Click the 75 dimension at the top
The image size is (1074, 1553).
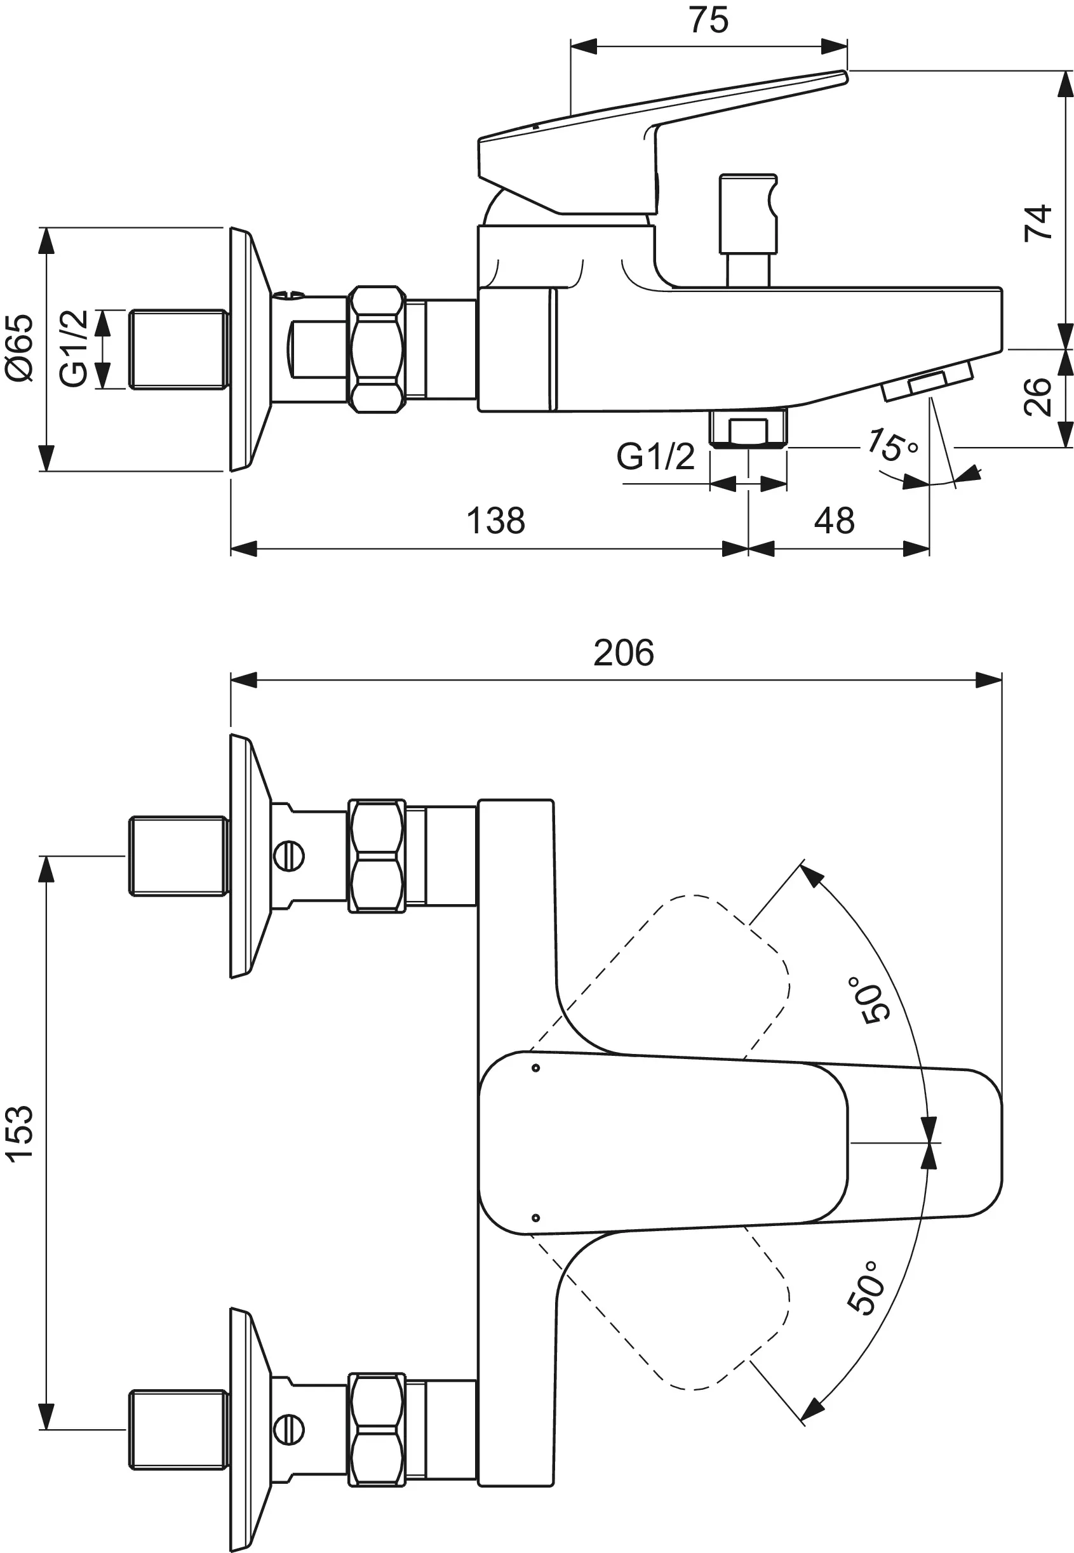coord(709,20)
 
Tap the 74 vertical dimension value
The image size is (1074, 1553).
coord(1038,223)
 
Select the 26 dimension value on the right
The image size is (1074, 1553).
coord(1038,396)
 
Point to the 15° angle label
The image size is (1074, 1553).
coord(891,444)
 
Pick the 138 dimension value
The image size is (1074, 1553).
coord(495,521)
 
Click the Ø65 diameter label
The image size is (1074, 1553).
coord(20,349)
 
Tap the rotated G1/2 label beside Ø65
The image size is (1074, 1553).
coord(74,349)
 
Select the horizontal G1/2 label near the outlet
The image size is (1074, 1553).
coord(655,457)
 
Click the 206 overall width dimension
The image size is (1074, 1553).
coord(623,653)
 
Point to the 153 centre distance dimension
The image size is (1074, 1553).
coord(20,1132)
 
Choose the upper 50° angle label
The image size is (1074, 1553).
coord(874,1001)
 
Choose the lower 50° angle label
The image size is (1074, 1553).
coord(864,1289)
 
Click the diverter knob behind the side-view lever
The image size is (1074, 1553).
coord(748,214)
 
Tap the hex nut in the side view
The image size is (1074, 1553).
coord(377,349)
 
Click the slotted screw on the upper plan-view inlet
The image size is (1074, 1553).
coord(290,857)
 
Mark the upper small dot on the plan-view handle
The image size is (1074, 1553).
coord(535,1068)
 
